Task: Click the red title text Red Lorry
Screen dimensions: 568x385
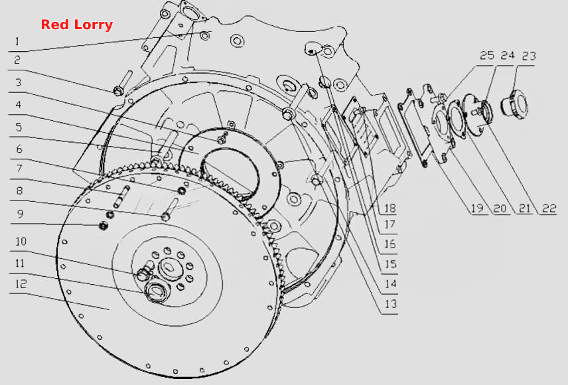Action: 77,25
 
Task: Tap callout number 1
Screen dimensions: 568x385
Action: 17,41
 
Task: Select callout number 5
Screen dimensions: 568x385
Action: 19,127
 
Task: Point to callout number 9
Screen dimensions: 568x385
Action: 21,214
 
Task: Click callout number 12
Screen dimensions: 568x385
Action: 21,284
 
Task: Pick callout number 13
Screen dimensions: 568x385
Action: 390,304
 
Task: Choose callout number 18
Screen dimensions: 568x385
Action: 390,208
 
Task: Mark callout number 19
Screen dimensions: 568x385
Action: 476,208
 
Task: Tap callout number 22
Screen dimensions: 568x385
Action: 549,208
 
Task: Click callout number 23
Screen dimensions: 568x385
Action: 528,56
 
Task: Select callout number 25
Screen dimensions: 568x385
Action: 487,56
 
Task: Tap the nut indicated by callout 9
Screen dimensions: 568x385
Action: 104,226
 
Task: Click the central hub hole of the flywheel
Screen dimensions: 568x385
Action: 169,268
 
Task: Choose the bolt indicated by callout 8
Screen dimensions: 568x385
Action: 170,210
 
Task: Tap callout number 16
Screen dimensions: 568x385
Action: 390,244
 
